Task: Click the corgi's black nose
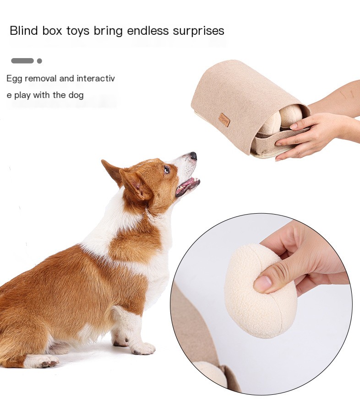[193, 156]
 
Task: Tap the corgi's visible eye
[167, 170]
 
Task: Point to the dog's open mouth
[188, 186]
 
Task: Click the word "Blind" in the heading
[24, 31]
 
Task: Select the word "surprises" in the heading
[198, 31]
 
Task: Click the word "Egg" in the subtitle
[14, 79]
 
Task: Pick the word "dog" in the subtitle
[76, 95]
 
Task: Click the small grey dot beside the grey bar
[39, 61]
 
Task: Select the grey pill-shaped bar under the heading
[22, 61]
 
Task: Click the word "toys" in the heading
[77, 31]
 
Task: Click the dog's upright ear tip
[103, 161]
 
